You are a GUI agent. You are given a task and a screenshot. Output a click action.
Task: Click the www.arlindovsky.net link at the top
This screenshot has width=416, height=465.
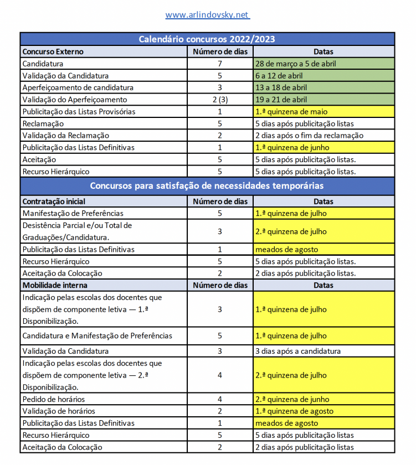pyautogui.click(x=207, y=15)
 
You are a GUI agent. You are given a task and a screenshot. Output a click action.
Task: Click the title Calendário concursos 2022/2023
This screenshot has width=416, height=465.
pyautogui.click(x=207, y=39)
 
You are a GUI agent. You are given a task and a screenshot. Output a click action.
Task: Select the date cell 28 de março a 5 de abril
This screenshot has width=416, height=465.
pyautogui.click(x=296, y=64)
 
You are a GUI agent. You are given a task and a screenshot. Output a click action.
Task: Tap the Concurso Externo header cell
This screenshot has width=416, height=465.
pyautogui.click(x=53, y=51)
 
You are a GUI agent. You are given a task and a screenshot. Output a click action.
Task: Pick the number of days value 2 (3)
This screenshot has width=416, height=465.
pyautogui.click(x=220, y=100)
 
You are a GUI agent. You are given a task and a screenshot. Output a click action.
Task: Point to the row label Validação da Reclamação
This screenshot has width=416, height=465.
pyautogui.click(x=65, y=136)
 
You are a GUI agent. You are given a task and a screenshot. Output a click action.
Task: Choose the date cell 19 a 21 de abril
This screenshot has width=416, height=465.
pyautogui.click(x=281, y=100)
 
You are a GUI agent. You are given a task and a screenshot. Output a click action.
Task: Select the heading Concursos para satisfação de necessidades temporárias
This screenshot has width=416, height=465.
pyautogui.click(x=207, y=186)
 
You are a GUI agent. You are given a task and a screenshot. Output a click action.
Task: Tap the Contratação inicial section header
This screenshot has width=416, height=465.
pyautogui.click(x=54, y=201)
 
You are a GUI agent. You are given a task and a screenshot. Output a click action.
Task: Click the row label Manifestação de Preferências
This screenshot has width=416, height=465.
pyautogui.click(x=73, y=213)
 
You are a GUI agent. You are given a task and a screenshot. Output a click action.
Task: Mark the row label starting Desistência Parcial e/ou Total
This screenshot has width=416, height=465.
pyautogui.click(x=77, y=231)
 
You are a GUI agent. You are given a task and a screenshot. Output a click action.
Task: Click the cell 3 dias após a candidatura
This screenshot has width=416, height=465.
pyautogui.click(x=298, y=351)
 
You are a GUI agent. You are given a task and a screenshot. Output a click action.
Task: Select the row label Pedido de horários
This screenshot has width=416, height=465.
pyautogui.click(x=54, y=399)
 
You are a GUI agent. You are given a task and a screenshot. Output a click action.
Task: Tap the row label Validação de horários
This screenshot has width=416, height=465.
pyautogui.click(x=59, y=411)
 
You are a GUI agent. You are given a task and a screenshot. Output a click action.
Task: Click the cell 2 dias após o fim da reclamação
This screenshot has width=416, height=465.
pyautogui.click(x=309, y=136)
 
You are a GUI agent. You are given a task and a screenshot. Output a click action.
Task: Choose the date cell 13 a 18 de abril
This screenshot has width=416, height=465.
pyautogui.click(x=281, y=87)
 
